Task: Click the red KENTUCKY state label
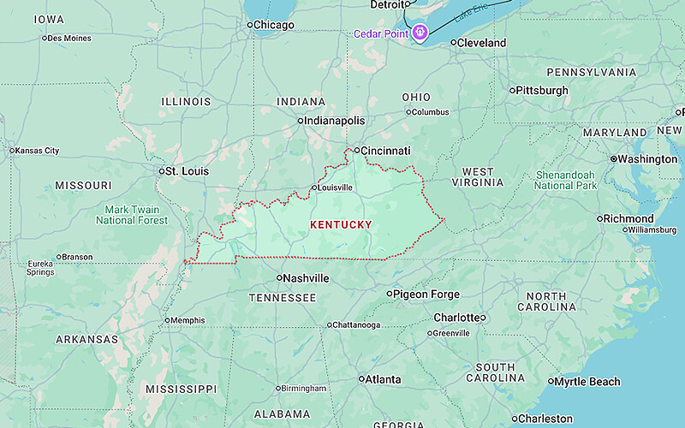(341, 225)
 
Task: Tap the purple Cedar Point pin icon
(420, 33)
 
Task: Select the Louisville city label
(335, 187)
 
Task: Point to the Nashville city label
(307, 278)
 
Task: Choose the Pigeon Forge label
(426, 294)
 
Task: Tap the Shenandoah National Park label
(566, 180)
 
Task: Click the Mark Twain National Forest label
(132, 215)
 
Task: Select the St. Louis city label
(187, 171)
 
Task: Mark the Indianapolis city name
(336, 121)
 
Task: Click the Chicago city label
(274, 25)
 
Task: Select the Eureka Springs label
(39, 268)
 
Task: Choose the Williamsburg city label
(652, 230)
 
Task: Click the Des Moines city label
(69, 38)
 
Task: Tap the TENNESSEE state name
(283, 298)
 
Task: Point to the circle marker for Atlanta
(361, 379)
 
